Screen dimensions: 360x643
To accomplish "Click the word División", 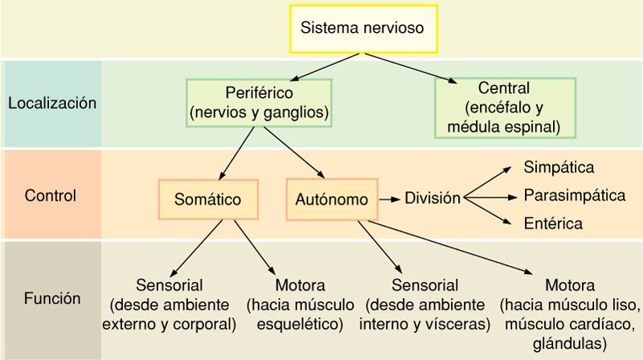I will point(432,197).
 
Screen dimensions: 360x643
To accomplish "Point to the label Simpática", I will point(559,168).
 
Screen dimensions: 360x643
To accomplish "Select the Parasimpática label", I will point(574,194).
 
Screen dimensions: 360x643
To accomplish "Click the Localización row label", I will point(51,104).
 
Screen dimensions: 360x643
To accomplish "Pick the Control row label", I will point(51,195).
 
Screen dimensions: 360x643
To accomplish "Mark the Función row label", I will point(51,299).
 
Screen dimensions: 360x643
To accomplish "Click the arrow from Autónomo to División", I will point(389,198).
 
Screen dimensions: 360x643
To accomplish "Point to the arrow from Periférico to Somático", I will point(246,152).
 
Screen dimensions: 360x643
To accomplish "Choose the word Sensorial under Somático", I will point(169,285).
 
